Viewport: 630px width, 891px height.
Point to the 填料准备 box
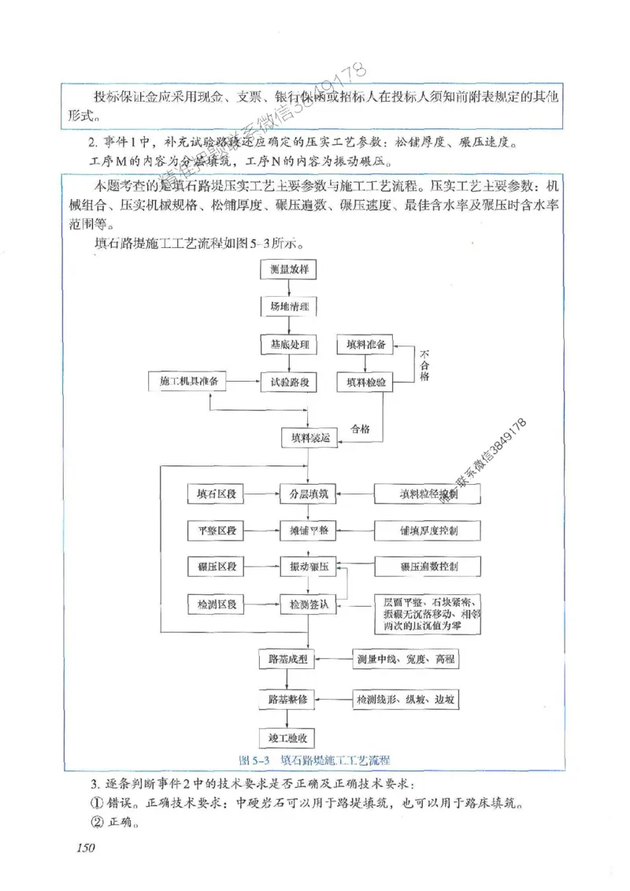tap(365, 345)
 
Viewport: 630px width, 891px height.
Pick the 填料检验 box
tap(365, 382)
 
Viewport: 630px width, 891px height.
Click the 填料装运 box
tap(309, 437)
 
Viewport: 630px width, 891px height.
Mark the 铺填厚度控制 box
tap(428, 531)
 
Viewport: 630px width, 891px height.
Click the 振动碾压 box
tap(309, 568)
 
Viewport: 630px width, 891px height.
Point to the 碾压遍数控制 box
tap(428, 568)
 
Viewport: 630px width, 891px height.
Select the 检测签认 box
tap(309, 604)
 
